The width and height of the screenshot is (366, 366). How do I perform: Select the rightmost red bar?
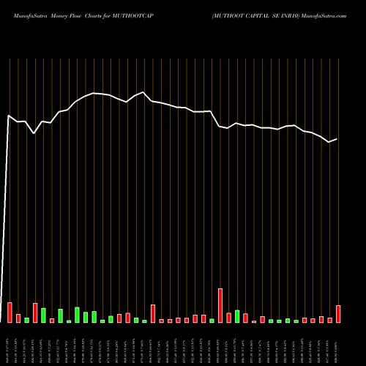pos(338,314)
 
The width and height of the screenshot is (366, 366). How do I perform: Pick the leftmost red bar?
pos(10,313)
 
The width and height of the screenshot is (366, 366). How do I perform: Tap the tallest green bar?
pos(77,315)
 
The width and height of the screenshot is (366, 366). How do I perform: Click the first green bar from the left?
pos(26,320)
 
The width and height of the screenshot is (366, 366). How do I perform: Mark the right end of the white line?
pos(337,139)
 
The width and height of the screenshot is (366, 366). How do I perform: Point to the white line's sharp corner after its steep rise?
pos(9,116)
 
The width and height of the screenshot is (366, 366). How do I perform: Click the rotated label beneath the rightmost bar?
pos(338,344)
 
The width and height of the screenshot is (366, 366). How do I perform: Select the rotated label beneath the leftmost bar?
pos(10,344)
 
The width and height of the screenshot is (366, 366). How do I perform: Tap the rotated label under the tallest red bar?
pos(220,344)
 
